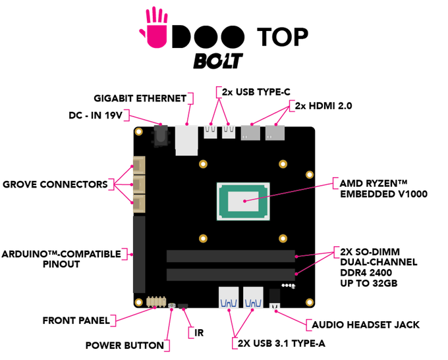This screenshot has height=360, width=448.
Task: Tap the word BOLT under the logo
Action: (218, 61)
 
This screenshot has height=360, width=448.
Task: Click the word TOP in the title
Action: (282, 37)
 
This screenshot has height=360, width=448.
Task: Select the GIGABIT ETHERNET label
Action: (140, 99)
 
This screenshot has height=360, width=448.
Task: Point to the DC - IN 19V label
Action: (96, 115)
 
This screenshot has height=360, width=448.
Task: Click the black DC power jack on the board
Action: (161, 136)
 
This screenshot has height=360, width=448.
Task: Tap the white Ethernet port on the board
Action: (186, 140)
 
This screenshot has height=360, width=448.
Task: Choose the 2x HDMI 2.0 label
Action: (323, 106)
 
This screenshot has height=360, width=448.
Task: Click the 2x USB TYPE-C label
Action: (256, 92)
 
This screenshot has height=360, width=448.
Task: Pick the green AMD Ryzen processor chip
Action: (243, 201)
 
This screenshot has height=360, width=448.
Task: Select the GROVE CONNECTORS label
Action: (55, 184)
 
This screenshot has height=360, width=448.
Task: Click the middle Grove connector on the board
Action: (139, 184)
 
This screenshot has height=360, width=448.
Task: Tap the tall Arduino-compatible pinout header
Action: (140, 255)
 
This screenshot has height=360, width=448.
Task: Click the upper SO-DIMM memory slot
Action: (231, 256)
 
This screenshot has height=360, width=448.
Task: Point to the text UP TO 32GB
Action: (368, 283)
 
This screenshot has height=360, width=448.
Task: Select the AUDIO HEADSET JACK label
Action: (366, 325)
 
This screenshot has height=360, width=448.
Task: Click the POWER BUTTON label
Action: (125, 346)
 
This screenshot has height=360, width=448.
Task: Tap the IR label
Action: (199, 333)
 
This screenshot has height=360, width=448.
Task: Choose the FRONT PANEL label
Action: (76, 321)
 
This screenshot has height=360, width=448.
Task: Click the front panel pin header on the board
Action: (156, 302)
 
